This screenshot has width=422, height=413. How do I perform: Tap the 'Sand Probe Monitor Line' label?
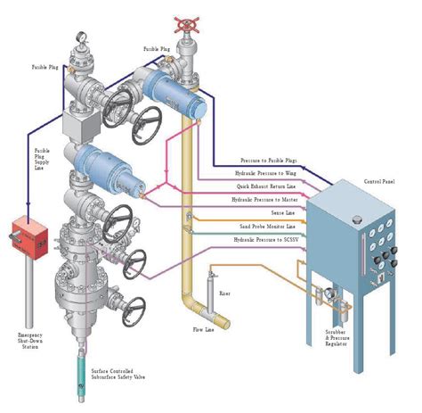[x=266, y=227]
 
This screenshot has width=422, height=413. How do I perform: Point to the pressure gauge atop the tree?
[x=82, y=38]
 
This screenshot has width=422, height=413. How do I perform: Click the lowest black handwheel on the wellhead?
[x=134, y=308]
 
